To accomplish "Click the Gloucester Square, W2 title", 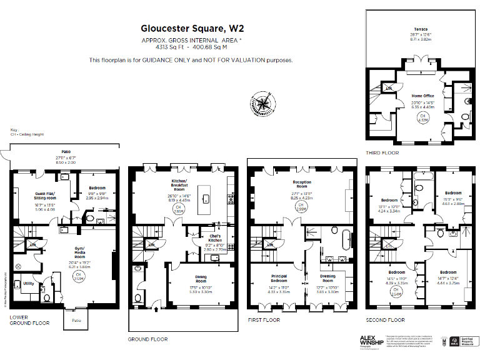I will [x=191, y=29].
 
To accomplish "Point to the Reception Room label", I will [x=302, y=183].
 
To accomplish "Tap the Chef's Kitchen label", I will [x=215, y=238].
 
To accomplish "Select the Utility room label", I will [x=29, y=283].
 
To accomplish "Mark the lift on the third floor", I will [x=389, y=89].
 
